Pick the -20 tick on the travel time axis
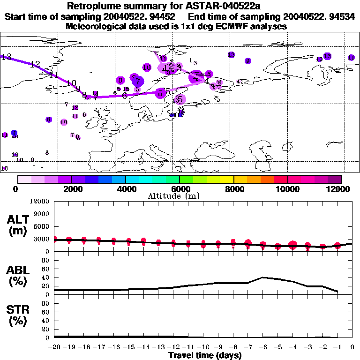coord(54,347)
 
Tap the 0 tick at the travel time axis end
coord(352,347)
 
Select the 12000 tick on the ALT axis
coord(39,202)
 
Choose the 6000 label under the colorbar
coord(180,189)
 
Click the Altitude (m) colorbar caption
coord(173,196)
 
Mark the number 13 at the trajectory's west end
coord(7,57)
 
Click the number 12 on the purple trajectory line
coord(35,65)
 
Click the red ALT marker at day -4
coord(293,245)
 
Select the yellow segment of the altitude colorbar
coord(227,179)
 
